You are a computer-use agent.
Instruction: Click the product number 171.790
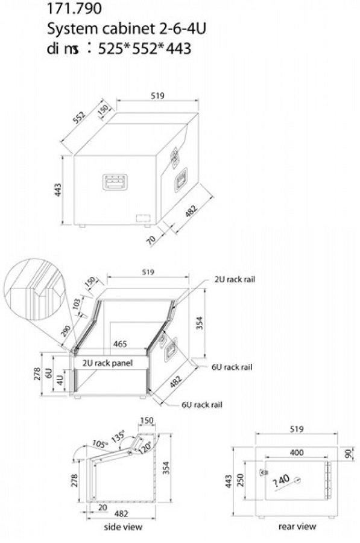[x=74, y=8]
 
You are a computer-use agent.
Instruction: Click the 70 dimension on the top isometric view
[x=151, y=239]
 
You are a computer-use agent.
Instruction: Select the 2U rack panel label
[x=107, y=363]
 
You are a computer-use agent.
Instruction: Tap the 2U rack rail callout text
[x=235, y=279]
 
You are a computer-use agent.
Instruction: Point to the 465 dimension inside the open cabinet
[x=120, y=344]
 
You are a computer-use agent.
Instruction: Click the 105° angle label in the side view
[x=100, y=443]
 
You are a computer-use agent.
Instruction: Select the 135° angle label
[x=118, y=435]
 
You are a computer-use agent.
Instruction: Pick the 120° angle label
[x=145, y=446]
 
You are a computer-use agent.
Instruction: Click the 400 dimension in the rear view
[x=297, y=453]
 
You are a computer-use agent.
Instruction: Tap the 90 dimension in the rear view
[x=349, y=454]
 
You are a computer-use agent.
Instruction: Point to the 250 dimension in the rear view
[x=241, y=480]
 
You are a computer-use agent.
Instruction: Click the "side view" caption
[x=123, y=527]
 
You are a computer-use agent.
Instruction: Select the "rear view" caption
[x=297, y=526]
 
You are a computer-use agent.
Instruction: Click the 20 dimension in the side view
[x=103, y=507]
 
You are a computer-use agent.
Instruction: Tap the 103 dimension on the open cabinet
[x=77, y=303]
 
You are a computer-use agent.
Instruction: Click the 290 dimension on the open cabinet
[x=66, y=331]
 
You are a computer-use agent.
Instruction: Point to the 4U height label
[x=60, y=380]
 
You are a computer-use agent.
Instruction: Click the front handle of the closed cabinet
[x=115, y=182]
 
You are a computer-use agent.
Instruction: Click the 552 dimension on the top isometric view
[x=79, y=118]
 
